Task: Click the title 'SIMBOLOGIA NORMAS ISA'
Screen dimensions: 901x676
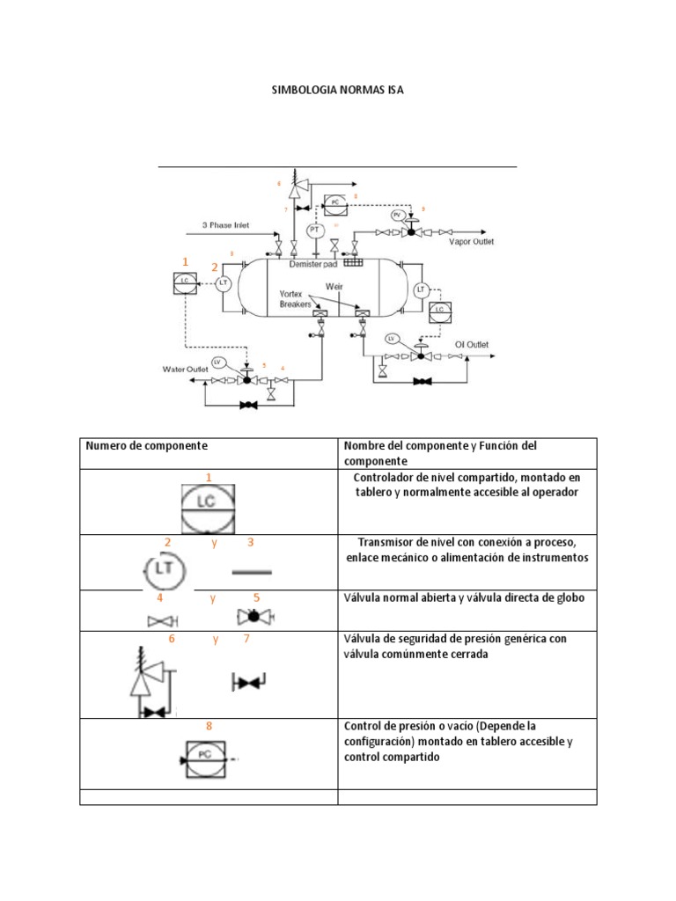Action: (337, 90)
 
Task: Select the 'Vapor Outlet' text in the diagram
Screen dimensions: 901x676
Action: (471, 241)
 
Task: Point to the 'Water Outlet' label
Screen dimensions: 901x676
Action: (184, 369)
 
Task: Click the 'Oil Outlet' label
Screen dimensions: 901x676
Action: (471, 345)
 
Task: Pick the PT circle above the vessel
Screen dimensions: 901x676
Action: (314, 230)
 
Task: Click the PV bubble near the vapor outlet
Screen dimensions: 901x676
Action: (397, 215)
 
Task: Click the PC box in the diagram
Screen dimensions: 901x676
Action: (335, 202)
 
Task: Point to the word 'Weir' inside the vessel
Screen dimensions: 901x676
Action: (334, 286)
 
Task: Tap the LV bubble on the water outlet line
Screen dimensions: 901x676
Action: (220, 363)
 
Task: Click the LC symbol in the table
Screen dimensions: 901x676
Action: (209, 509)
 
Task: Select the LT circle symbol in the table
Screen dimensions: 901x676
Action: (164, 570)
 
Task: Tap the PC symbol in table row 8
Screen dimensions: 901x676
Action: (202, 756)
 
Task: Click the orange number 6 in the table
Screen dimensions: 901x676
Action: (172, 639)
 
